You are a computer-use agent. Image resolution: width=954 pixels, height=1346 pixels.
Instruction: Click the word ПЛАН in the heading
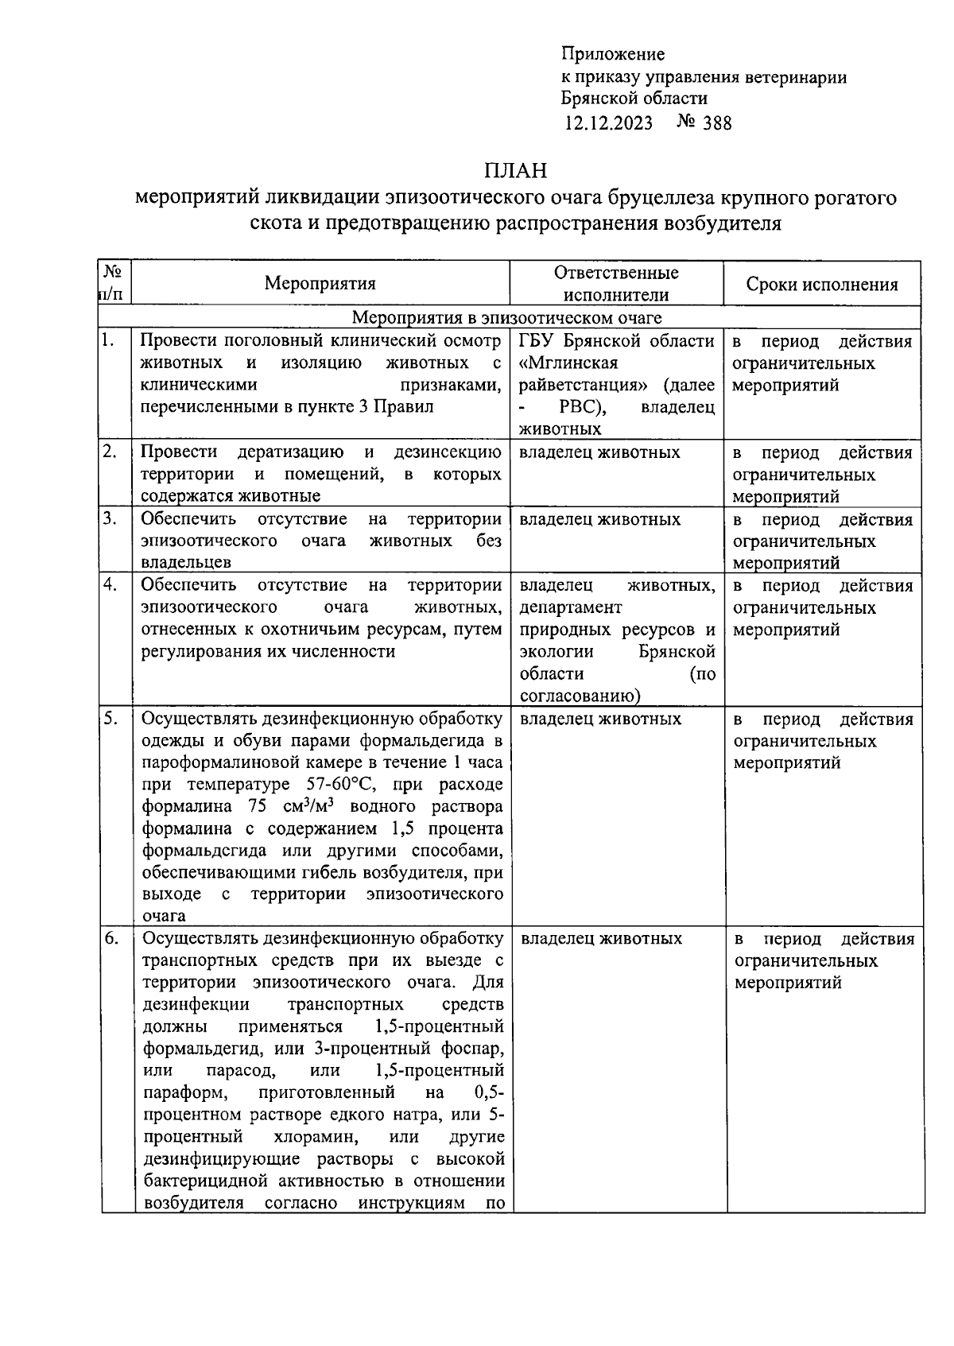[x=516, y=170]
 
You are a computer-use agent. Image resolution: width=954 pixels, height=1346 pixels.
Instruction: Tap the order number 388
[x=717, y=122]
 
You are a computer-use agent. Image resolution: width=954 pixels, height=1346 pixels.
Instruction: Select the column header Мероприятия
[x=320, y=284]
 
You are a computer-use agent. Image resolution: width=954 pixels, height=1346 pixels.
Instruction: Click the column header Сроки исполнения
[x=822, y=285]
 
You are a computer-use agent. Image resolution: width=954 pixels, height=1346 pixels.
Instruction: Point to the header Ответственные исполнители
[x=616, y=284]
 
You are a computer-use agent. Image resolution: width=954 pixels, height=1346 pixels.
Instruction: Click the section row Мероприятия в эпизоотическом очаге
[x=507, y=318]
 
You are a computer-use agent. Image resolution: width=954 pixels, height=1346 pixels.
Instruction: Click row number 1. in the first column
[x=109, y=340]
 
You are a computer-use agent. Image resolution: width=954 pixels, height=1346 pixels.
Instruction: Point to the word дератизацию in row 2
[x=290, y=452]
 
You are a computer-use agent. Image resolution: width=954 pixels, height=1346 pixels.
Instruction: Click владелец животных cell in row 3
[x=600, y=519]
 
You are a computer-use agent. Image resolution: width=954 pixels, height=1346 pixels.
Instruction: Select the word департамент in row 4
[x=571, y=607]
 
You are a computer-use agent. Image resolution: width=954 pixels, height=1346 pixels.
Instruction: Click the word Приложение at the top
[x=612, y=54]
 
